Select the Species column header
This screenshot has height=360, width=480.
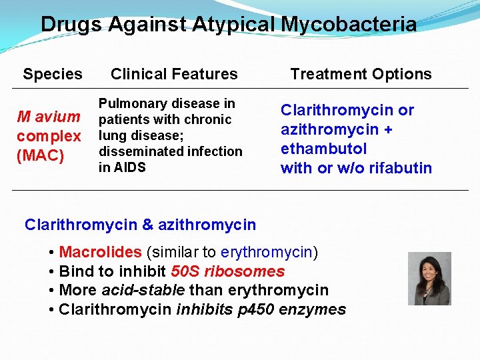53,74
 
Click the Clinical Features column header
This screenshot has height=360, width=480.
174,74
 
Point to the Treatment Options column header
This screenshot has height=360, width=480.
361,74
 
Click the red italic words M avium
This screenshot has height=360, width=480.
49,117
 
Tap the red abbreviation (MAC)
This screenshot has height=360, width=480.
41,157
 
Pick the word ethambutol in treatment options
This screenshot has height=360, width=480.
324,148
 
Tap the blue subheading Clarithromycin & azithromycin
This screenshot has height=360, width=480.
140,225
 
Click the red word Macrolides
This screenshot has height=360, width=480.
100,252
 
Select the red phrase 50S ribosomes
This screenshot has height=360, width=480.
227,271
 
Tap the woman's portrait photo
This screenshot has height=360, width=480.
429,279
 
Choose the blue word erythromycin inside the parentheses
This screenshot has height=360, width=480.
266,252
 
